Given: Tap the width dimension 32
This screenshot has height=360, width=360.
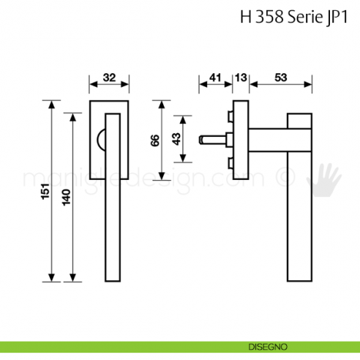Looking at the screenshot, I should click(x=109, y=77).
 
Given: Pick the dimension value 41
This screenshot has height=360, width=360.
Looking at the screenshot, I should click(x=215, y=77).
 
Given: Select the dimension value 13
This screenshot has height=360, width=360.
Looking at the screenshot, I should click(x=241, y=77).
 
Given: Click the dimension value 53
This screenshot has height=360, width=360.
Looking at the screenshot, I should click(x=280, y=77).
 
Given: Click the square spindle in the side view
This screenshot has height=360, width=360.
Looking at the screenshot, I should click(x=212, y=138).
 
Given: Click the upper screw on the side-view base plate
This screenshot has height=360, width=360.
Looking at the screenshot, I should click(x=231, y=116).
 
